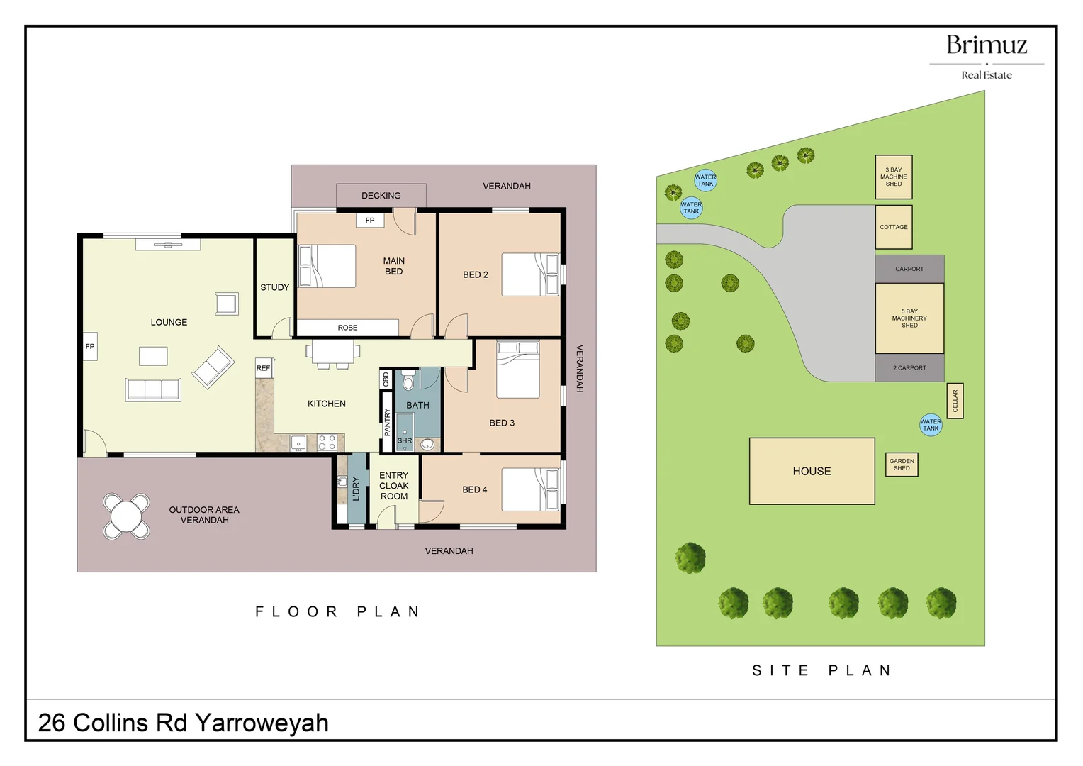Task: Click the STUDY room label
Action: point(274,287)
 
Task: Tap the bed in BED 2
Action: point(530,274)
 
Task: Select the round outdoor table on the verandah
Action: point(126,516)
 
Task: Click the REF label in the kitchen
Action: point(263,368)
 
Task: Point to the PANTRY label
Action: point(387,422)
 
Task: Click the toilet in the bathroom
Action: point(408,382)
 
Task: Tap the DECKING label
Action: point(381,196)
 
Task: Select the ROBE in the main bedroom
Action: point(347,328)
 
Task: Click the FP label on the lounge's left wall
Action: point(90,347)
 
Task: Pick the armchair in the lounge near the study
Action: point(227,304)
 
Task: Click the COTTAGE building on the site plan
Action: point(893,227)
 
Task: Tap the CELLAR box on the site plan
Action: point(955,401)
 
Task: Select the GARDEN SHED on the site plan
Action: point(902,465)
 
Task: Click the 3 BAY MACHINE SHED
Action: point(893,177)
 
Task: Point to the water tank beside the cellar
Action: point(931,425)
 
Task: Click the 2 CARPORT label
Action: point(909,368)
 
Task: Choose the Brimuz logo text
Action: point(987,45)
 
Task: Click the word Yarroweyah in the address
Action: point(262,723)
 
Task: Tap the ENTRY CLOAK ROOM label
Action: point(394,486)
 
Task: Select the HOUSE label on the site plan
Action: point(812,471)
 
